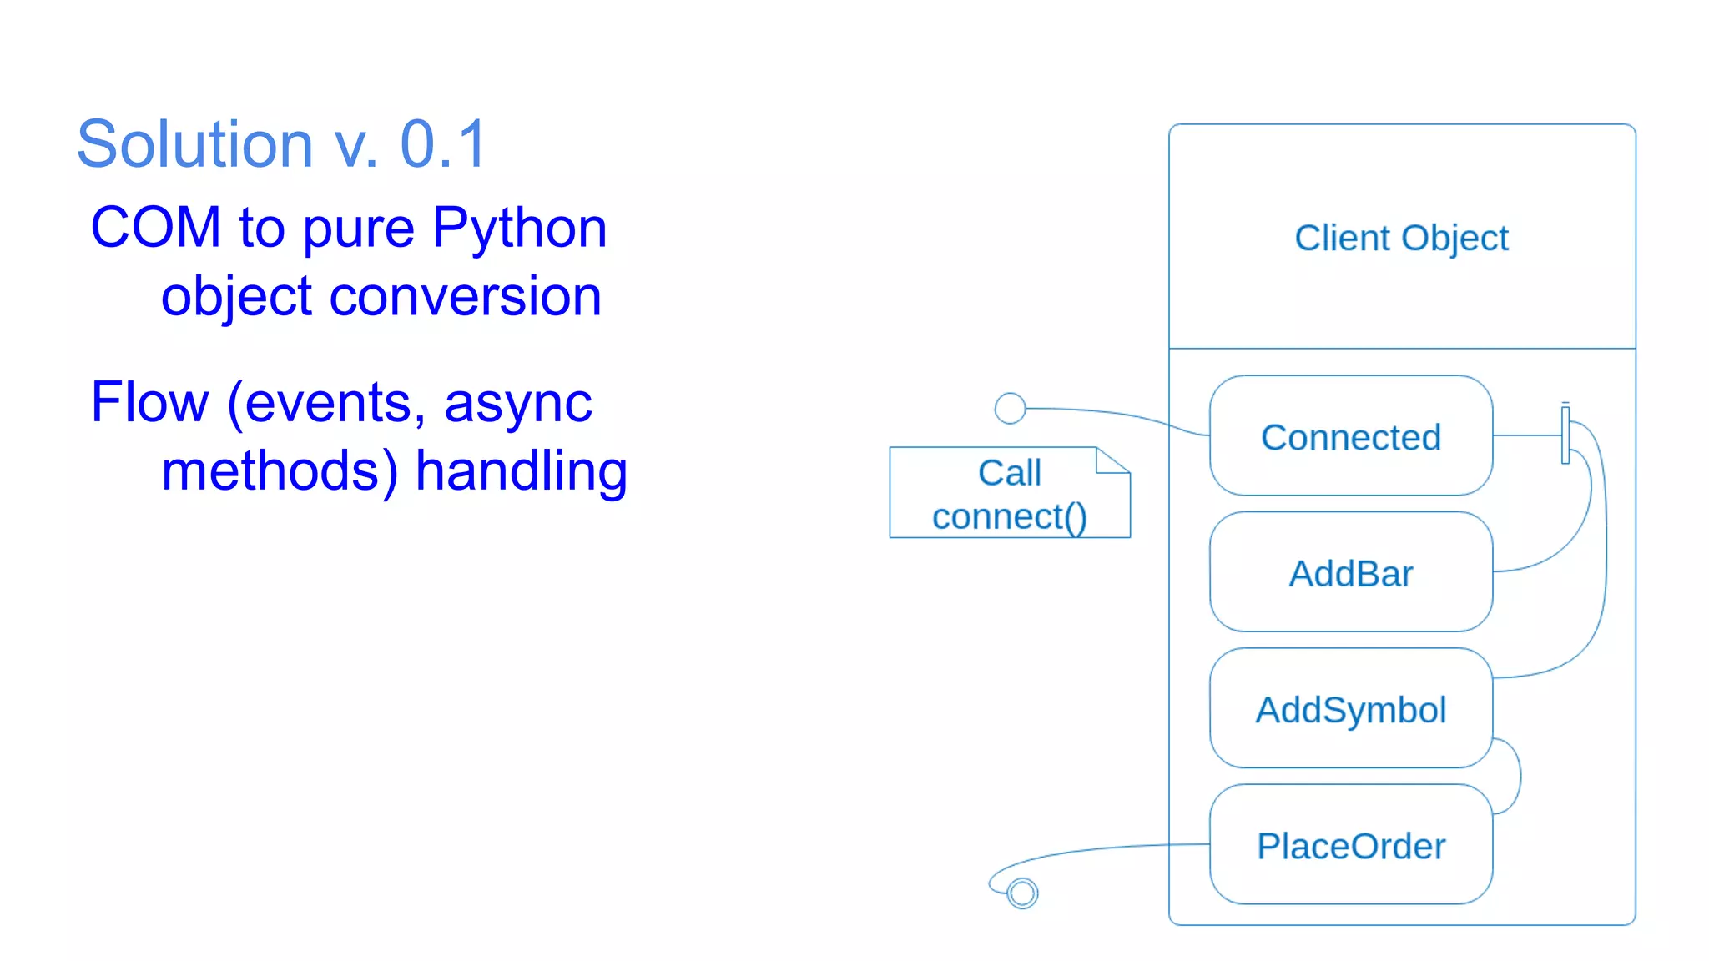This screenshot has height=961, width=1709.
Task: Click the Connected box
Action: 1350,436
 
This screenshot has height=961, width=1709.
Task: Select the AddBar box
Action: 1350,573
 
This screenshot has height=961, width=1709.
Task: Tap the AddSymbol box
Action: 1350,709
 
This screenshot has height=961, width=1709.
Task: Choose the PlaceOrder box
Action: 1350,845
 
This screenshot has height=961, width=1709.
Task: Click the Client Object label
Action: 1401,238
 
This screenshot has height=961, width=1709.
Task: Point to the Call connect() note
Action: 1009,494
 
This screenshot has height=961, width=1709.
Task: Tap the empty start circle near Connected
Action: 1010,408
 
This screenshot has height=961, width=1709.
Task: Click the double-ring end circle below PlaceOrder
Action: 1022,893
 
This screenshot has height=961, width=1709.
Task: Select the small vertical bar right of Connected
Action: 1565,434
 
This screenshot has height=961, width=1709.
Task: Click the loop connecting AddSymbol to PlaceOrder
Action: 1519,776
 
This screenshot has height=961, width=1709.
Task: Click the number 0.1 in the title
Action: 443,144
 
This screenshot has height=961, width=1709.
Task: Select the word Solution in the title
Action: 194,144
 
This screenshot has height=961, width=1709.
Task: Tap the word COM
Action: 155,227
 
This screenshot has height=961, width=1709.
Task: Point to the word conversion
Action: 465,296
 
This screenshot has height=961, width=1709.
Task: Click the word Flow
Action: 149,402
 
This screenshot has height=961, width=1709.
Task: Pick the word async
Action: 517,404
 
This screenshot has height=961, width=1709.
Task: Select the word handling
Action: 521,472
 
